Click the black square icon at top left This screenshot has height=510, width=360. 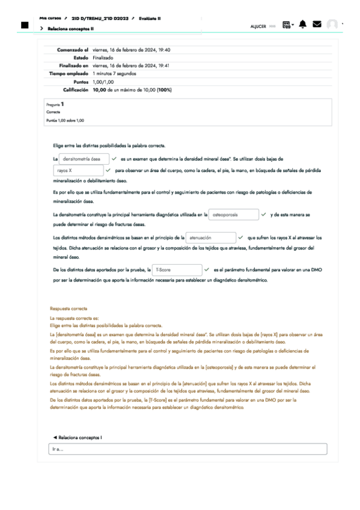[25, 25]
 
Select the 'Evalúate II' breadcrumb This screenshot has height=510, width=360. [150, 19]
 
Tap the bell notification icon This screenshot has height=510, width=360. [302, 24]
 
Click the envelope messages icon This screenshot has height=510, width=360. [317, 24]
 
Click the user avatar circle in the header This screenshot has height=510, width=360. [332, 25]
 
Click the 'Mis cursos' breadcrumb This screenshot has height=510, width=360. [50, 19]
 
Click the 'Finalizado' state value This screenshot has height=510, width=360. [103, 58]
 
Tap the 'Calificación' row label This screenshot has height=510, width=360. [76, 90]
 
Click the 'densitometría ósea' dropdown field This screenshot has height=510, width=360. [84, 159]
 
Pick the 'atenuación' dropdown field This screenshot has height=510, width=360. [211, 238]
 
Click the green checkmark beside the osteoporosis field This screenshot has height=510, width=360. [264, 214]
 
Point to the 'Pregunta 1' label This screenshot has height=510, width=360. [55, 104]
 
